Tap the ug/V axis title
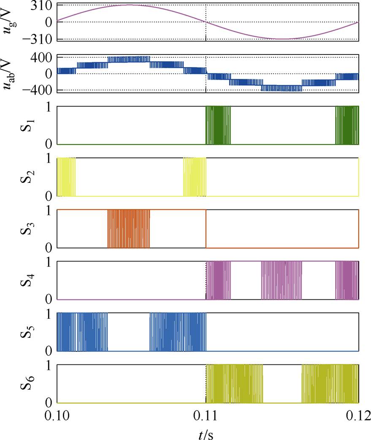click(13, 22)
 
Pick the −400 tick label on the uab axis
click(37, 90)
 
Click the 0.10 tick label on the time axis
click(56, 416)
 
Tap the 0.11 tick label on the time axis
click(206, 416)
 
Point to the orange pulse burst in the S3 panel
click(128, 228)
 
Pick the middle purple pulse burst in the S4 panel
click(282, 280)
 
